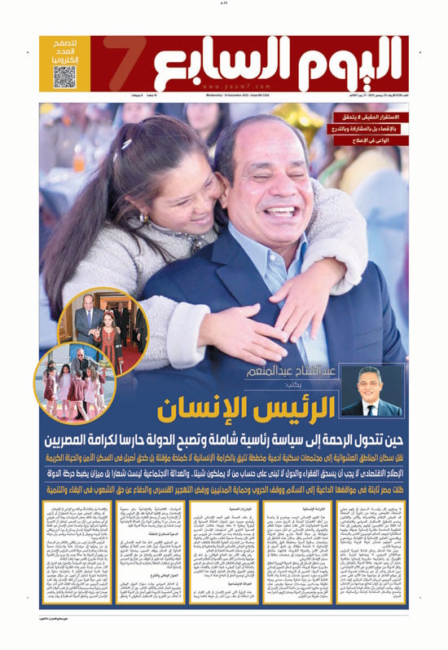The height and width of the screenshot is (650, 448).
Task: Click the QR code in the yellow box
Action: click(66, 76)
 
